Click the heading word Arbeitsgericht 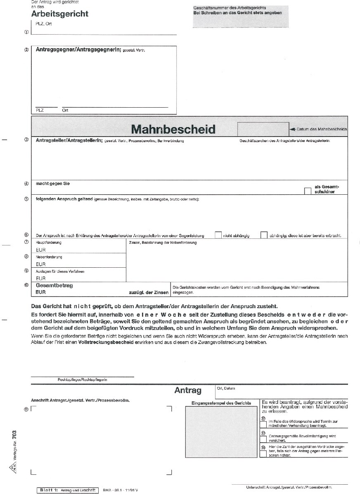click(59, 14)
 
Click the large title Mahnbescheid click(173, 129)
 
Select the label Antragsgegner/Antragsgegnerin click(78, 50)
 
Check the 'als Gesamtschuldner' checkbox click(307, 191)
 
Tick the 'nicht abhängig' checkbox click(218, 235)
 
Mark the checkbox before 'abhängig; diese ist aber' click(264, 235)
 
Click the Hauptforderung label click(49, 243)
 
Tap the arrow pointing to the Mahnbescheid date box click(293, 130)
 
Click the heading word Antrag click(188, 390)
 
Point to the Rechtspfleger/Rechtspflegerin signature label click(82, 379)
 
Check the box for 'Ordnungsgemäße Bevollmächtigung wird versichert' click(263, 439)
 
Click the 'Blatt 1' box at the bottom click(67, 490)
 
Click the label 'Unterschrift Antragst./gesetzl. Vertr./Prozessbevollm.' click(289, 487)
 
